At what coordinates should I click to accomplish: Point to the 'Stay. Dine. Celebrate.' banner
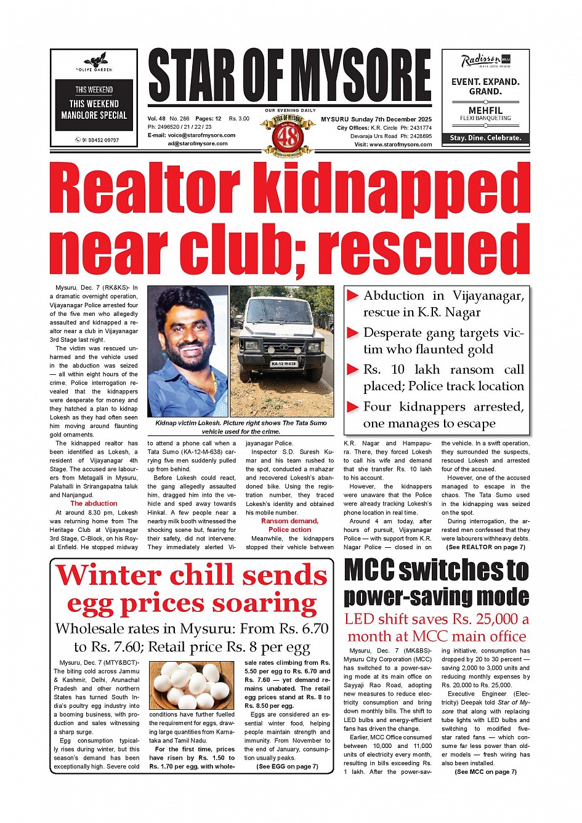(485, 138)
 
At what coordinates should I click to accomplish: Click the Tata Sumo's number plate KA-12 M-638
(283, 364)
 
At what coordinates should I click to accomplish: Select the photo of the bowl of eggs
(192, 684)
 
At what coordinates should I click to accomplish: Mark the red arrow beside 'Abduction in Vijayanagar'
(353, 296)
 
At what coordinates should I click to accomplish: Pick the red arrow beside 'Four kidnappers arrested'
(353, 407)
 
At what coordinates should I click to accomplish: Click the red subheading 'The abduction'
(94, 504)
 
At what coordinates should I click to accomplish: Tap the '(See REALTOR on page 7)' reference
(485, 547)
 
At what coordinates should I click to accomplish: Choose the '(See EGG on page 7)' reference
(287, 766)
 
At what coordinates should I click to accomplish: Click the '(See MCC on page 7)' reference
(485, 771)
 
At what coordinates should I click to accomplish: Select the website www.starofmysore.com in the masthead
(401, 145)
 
